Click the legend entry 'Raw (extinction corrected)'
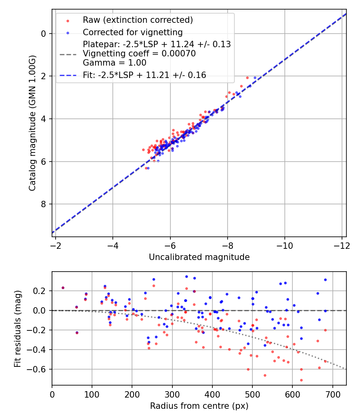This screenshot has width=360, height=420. [138, 20]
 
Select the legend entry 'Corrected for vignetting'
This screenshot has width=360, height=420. [132, 32]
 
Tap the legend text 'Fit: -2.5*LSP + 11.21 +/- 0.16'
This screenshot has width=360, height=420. [144, 75]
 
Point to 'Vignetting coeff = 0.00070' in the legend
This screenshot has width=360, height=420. [139, 54]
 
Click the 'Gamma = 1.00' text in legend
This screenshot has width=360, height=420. [114, 63]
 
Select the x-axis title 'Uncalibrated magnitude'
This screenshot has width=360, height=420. [199, 257]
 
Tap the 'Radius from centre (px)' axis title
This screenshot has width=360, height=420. [199, 406]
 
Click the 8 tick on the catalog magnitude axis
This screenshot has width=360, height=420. [44, 204]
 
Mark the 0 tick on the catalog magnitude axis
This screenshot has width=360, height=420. [44, 34]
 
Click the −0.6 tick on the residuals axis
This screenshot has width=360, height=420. [39, 369]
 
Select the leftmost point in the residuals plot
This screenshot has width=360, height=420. [63, 288]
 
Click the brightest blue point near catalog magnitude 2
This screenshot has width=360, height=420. [255, 78]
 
